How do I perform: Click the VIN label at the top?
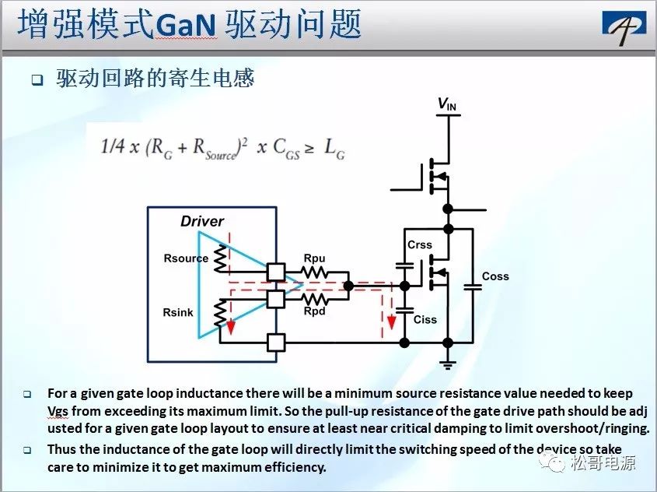[446, 104]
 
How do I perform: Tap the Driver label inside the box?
[202, 221]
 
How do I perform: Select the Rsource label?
[186, 258]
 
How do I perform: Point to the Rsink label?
[178, 312]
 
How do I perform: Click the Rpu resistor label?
[314, 258]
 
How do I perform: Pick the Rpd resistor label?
[314, 311]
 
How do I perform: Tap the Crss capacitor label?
[419, 244]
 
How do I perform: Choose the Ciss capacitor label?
[425, 320]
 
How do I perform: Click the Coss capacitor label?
[495, 276]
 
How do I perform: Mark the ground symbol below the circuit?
[448, 365]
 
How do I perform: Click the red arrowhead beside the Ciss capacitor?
[391, 322]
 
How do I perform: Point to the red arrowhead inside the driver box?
[230, 327]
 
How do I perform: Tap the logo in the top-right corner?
[624, 27]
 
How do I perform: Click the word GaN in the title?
[186, 25]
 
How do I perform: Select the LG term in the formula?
[335, 149]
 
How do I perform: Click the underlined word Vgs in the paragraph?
[58, 412]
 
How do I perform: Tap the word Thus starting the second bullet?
[61, 449]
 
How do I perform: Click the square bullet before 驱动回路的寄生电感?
[38, 79]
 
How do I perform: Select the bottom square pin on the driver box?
[276, 343]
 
